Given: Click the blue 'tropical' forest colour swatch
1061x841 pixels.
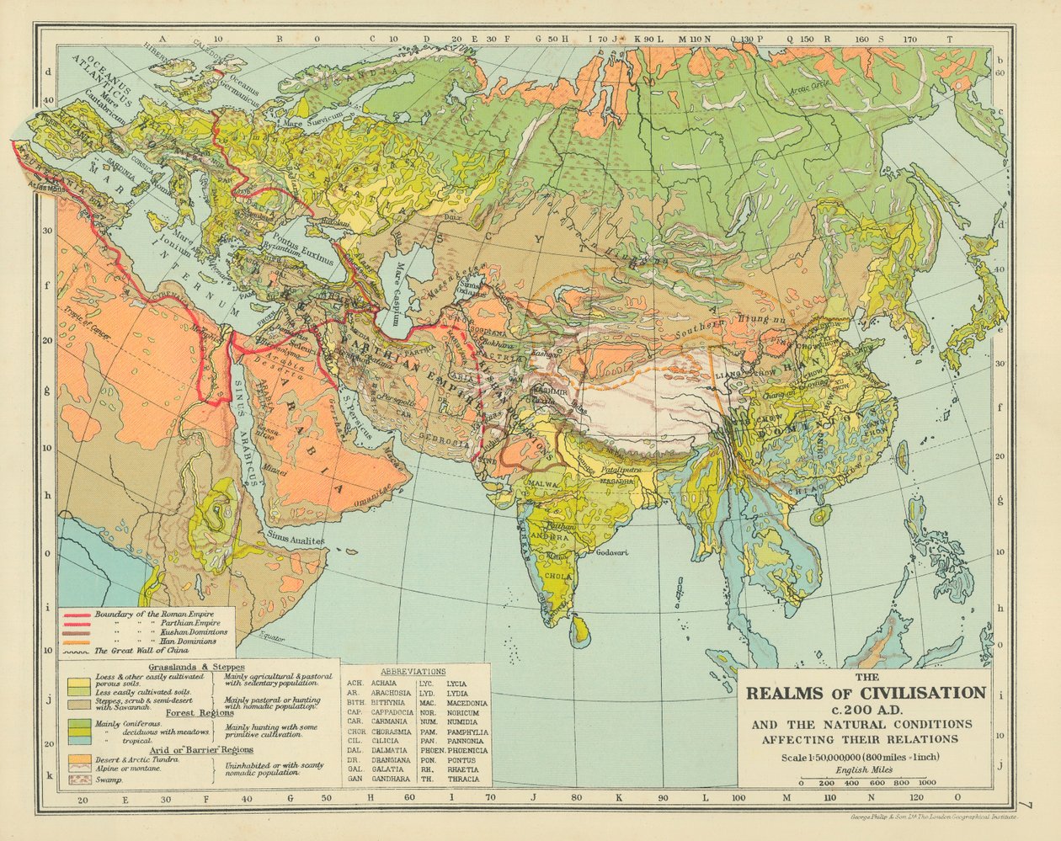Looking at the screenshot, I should (78, 740).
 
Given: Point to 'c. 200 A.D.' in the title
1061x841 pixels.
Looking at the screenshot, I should (864, 709).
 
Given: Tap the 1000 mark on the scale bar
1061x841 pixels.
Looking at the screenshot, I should (928, 782).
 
